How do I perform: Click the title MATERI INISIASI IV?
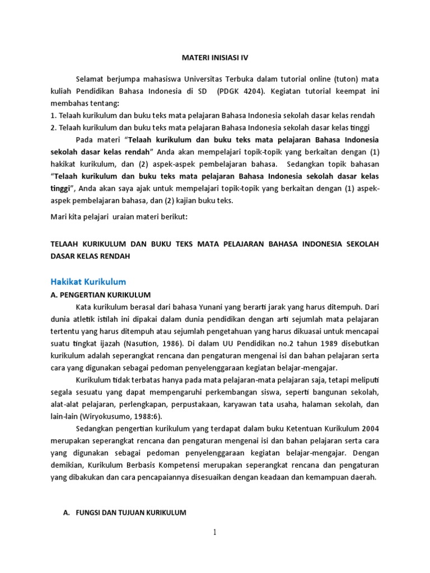[215, 57]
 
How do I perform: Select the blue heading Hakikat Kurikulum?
[88, 281]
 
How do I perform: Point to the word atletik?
[86, 318]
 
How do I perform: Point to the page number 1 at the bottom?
[214, 533]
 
